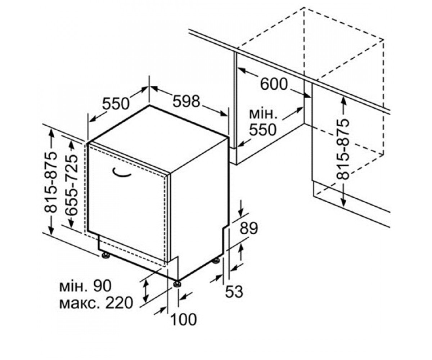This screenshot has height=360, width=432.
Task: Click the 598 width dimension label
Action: tap(186, 102)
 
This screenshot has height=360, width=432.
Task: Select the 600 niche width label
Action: tap(274, 84)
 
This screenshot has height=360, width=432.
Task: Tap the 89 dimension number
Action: tap(249, 228)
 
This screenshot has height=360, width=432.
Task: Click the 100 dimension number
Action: tap(184, 320)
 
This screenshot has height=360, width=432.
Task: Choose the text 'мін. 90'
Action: tap(85, 286)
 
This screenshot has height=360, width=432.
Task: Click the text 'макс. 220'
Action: tap(96, 303)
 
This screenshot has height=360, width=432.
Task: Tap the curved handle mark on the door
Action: tap(122, 174)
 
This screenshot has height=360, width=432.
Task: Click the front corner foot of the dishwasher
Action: tap(177, 284)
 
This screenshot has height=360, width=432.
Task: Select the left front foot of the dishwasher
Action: tap(106, 255)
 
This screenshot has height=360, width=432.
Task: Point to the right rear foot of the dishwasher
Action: tap(216, 261)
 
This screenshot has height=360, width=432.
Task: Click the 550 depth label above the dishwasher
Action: tap(116, 104)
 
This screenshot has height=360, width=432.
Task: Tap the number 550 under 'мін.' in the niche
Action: tap(263, 130)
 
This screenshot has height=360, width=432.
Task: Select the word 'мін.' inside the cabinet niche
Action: tap(263, 114)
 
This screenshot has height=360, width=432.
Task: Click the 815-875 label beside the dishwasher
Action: tap(50, 182)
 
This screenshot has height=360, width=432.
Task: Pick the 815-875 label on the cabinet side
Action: tap(343, 149)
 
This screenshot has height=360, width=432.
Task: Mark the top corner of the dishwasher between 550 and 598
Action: tap(149, 106)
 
